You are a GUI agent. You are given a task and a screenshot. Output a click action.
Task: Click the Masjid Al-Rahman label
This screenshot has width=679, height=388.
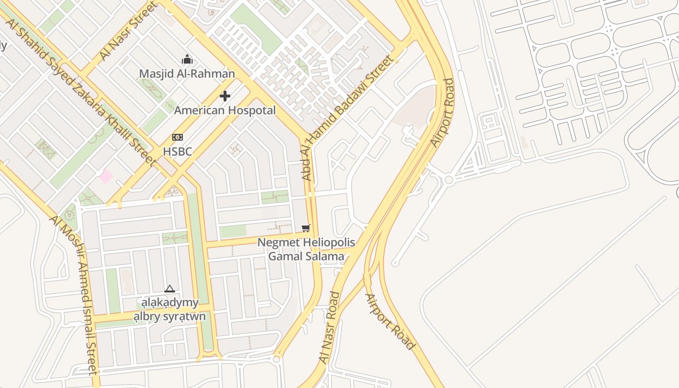[187, 74]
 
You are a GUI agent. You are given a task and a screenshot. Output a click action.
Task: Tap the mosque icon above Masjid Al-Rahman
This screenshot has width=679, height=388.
[187, 60]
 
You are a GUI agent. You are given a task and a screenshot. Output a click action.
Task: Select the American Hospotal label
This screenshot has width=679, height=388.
[225, 110]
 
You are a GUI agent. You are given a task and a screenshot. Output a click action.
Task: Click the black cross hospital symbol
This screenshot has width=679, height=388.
[225, 96]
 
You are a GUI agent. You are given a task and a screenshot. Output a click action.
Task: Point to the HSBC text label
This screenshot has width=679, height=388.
[178, 151]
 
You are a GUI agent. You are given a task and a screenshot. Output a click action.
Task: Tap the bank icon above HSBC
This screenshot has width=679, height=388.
[178, 137]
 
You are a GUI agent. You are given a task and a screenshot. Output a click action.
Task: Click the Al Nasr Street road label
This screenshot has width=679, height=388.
[128, 32]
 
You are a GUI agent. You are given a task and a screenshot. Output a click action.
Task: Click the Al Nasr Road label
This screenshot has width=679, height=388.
[329, 327]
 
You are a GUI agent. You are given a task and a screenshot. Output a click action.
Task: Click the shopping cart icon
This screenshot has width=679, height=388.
[306, 228]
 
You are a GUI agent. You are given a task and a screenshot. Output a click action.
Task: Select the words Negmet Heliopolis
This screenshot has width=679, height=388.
[306, 242]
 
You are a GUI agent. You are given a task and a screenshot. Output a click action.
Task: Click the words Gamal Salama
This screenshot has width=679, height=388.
[306, 256]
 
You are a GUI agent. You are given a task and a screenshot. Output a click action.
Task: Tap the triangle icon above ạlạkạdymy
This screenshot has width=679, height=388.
[169, 289]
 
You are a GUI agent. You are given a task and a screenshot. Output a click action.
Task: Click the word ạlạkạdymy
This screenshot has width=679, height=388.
[167, 303]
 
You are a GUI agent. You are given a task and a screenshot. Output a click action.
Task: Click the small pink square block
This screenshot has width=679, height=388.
[106, 177]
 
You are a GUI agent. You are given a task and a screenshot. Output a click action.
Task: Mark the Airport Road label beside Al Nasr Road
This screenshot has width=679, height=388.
[390, 322]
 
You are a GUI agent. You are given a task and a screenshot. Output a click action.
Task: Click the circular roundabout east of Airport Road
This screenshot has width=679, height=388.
[449, 180]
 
